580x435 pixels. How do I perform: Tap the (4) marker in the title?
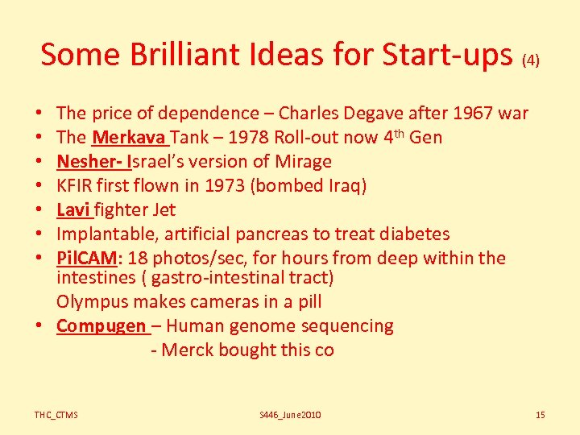point(531,60)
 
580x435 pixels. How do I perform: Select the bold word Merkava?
point(124,137)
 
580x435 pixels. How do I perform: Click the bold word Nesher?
point(85,161)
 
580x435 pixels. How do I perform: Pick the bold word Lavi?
point(72,209)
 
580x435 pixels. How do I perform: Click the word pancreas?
point(273,234)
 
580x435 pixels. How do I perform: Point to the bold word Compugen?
point(101,326)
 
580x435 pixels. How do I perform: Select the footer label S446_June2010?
point(290,415)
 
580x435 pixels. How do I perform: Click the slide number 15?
point(540,415)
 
